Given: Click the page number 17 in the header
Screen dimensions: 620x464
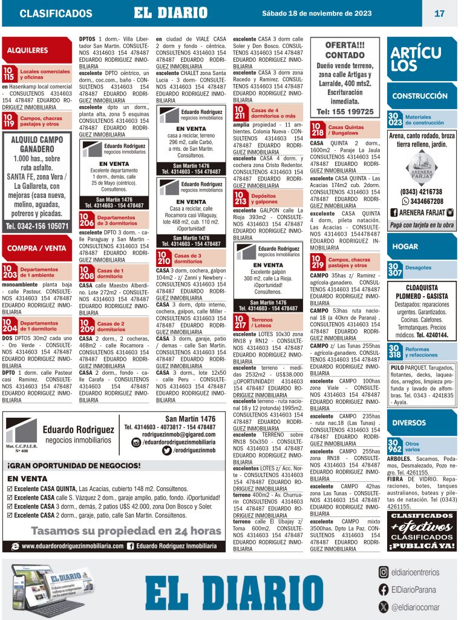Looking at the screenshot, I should click(439, 13).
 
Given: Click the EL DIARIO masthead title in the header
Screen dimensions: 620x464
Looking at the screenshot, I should click(171, 13).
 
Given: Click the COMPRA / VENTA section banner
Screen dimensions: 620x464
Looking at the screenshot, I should click(37, 248).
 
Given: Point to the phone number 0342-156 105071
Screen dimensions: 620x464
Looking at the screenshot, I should click(37, 226).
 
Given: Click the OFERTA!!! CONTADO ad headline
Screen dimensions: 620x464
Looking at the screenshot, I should click(345, 50).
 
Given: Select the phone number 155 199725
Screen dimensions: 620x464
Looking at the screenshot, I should click(345, 112).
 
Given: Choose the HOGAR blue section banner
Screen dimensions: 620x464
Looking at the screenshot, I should click(405, 246).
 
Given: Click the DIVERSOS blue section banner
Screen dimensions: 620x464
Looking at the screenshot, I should click(409, 422).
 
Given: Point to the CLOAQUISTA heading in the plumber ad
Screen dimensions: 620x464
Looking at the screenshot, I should click(422, 288).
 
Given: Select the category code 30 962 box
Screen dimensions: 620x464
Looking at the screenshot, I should click(394, 446).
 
